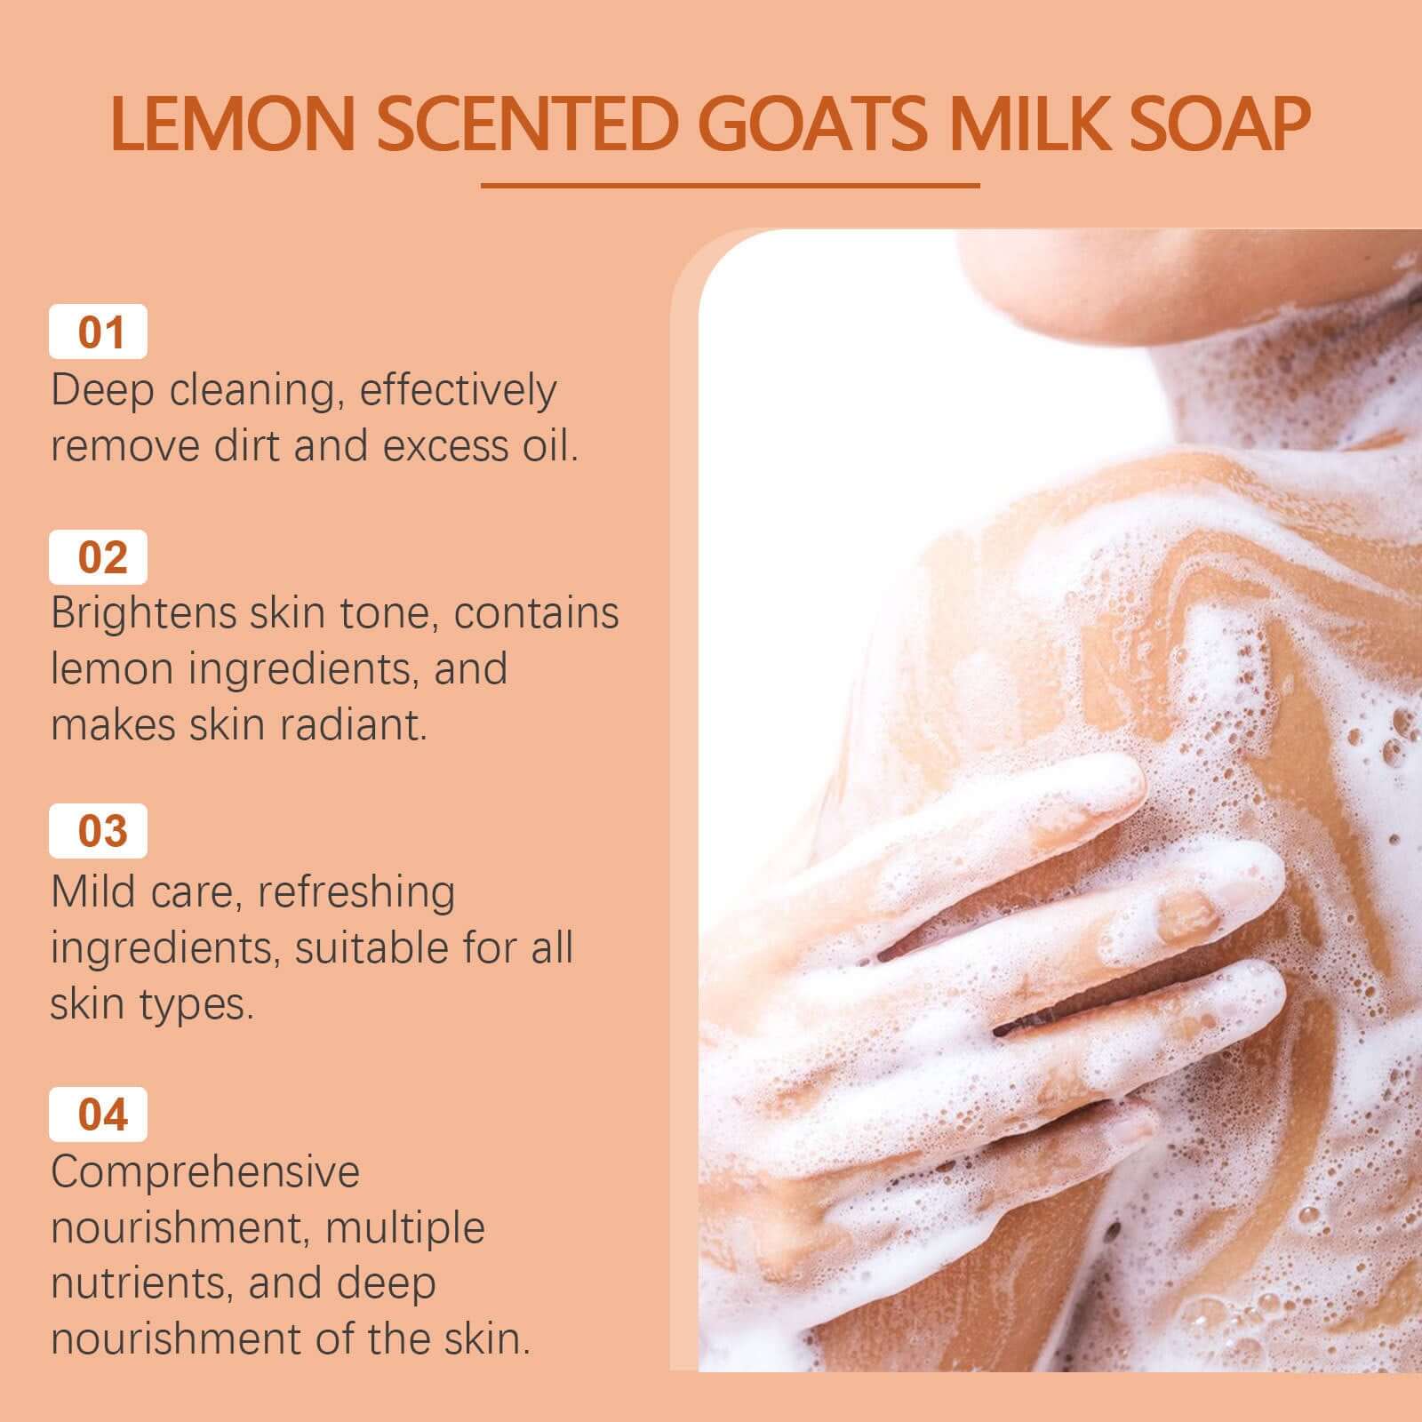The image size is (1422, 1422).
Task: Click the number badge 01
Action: (x=99, y=332)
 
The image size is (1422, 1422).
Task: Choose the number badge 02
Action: (x=99, y=557)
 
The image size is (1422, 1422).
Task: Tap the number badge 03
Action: (x=99, y=831)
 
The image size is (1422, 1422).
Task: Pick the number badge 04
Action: (x=99, y=1114)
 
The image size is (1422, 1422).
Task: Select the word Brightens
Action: (x=143, y=613)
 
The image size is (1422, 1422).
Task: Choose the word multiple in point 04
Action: (x=404, y=1229)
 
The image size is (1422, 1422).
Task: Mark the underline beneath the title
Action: (x=730, y=186)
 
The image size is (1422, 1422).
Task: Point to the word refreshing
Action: (x=355, y=891)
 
